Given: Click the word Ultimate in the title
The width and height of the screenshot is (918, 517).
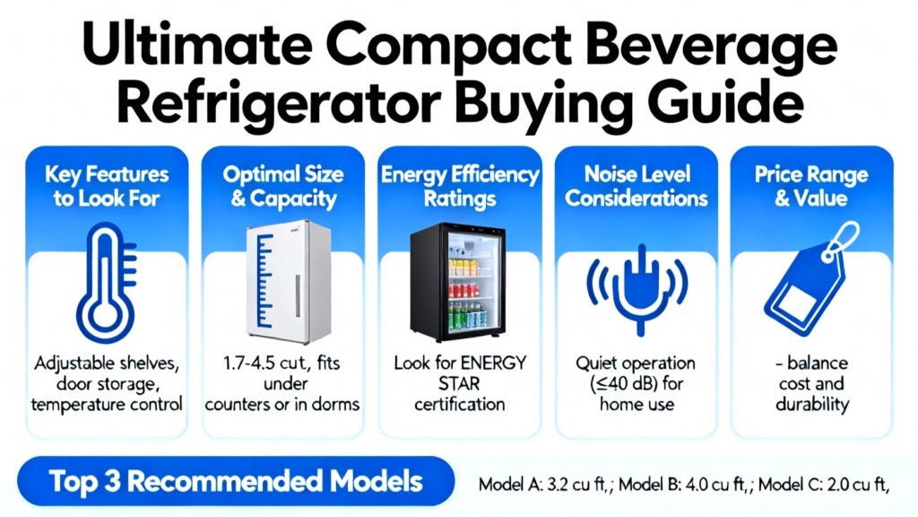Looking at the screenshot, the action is (x=196, y=44).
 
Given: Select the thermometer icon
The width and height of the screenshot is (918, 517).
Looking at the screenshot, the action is (x=107, y=283).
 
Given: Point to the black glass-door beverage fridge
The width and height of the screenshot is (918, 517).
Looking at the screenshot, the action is (x=458, y=282).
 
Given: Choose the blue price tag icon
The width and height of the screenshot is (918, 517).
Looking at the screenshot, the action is (x=811, y=279).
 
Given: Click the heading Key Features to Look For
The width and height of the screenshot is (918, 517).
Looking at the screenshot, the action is (x=107, y=187).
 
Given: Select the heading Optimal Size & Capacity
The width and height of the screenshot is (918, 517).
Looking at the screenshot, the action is (x=283, y=187).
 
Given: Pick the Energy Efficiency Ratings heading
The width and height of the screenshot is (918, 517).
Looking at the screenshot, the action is (x=460, y=187).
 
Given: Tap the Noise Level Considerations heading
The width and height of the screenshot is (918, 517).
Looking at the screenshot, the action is (x=637, y=187).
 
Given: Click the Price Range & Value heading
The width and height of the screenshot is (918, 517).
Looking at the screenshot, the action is (x=811, y=187).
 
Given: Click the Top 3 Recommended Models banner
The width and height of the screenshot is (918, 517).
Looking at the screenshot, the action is (x=236, y=481).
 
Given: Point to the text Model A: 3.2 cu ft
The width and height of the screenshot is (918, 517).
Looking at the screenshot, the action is (x=542, y=485).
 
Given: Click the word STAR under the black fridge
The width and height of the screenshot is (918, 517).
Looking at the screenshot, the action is (x=459, y=384).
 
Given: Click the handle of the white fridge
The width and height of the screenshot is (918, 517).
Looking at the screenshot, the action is (x=298, y=296).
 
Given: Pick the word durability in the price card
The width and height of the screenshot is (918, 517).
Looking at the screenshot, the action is (x=812, y=405).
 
